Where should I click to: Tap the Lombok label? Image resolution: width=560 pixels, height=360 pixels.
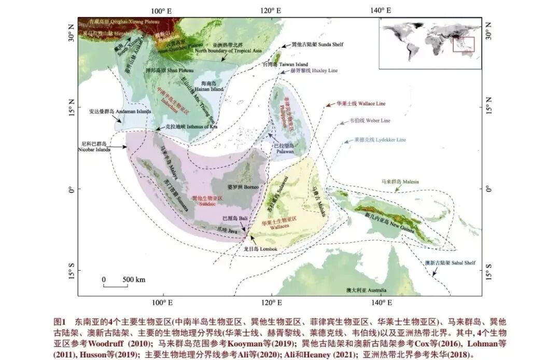(x=260, y=250)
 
